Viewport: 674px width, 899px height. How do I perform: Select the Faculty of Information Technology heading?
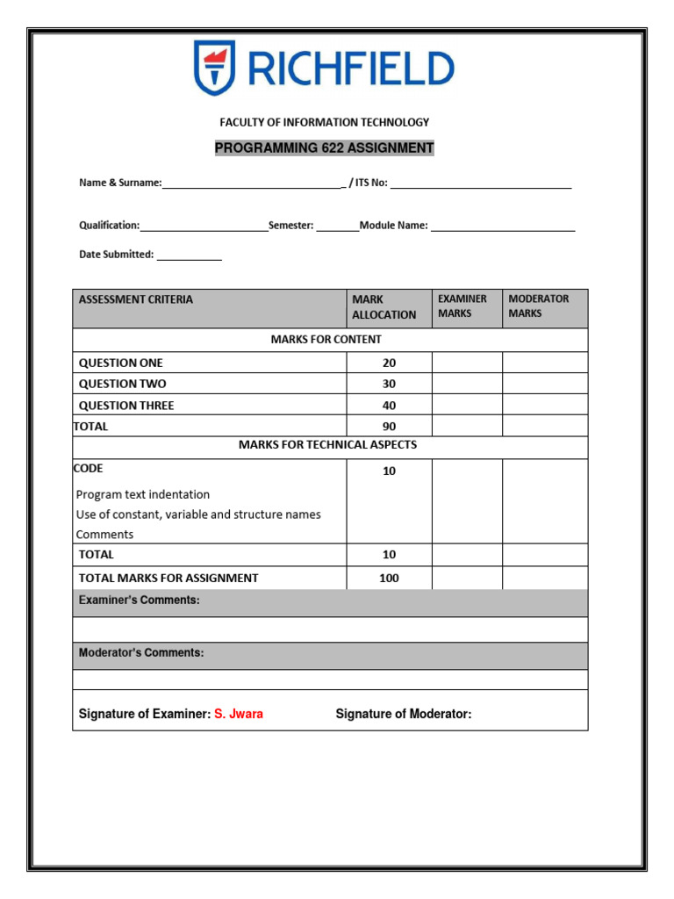pos(325,122)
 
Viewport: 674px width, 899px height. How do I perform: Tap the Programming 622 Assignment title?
pos(325,147)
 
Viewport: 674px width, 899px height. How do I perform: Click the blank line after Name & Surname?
pos(253,183)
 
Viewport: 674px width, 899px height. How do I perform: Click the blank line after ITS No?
pos(481,183)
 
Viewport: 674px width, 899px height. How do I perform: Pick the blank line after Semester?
pos(337,227)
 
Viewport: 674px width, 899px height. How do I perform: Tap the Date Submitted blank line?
pos(190,255)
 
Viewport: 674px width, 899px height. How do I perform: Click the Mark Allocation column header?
pos(384,306)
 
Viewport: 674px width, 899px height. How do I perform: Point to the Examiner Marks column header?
pos(462,306)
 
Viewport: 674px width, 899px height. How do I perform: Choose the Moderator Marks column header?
pos(539,306)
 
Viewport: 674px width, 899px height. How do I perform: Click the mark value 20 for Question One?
pos(389,363)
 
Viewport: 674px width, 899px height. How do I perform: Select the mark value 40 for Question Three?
pos(389,406)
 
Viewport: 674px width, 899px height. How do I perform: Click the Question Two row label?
pos(122,384)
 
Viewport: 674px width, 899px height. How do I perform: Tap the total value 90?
pos(389,427)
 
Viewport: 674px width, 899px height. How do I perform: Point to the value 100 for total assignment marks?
pos(389,578)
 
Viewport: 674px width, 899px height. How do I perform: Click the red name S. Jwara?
pos(239,714)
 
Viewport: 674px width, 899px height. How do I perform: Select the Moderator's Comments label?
pos(141,653)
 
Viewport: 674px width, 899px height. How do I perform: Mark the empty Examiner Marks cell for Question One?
pos(467,363)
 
